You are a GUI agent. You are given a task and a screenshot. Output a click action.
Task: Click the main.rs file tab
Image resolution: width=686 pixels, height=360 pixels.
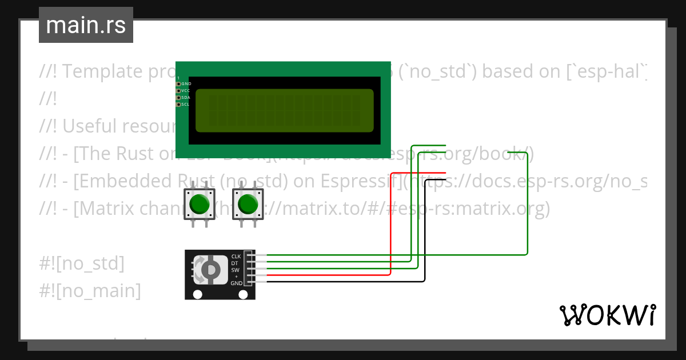coord(86,25)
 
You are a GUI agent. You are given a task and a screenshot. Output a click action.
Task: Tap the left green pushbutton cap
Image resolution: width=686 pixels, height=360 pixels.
coord(199,204)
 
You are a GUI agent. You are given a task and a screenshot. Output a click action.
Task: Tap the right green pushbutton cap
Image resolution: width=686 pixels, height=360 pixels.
coord(248,204)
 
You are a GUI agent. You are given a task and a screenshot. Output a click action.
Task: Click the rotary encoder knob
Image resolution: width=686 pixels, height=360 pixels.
coord(210,269)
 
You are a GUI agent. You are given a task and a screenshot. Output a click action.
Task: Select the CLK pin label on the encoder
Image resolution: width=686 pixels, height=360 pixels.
coord(236,257)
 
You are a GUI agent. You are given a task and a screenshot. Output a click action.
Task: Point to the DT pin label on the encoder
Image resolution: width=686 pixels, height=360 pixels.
coord(235,263)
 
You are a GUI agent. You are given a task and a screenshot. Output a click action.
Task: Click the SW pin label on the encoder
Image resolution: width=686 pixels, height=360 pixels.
coord(235,270)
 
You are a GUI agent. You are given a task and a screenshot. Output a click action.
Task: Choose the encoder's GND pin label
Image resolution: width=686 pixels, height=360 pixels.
coord(236,283)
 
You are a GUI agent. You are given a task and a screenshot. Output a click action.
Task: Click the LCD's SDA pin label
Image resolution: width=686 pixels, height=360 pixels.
coord(186,98)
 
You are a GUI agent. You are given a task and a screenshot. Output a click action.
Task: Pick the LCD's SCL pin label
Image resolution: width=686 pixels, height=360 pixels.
coord(186,105)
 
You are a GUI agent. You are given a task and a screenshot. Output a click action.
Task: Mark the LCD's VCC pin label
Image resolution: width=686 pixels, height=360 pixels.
coord(186,91)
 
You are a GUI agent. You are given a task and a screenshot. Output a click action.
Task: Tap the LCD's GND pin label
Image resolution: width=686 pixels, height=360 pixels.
coord(186,84)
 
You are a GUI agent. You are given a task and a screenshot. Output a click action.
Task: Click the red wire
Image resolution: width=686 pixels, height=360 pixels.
coord(390,229)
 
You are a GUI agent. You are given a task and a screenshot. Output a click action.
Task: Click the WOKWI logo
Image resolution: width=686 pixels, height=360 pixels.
coord(607,315)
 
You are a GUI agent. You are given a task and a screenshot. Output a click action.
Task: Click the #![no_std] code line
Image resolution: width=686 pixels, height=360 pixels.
coord(82,263)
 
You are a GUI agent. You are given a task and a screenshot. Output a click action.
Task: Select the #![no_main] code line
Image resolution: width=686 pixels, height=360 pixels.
coord(90,291)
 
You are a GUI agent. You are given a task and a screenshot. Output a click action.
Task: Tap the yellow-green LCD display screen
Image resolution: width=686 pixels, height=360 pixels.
coord(284,110)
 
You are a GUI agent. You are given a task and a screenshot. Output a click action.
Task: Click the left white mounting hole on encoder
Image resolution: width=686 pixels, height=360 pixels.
coord(197,295)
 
